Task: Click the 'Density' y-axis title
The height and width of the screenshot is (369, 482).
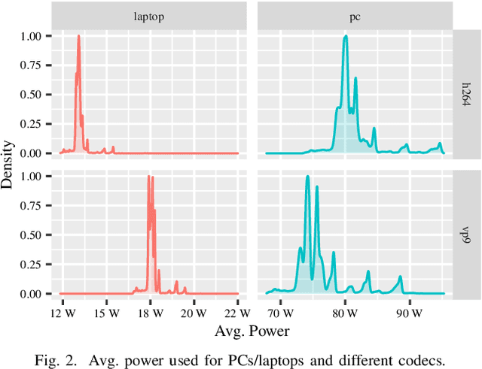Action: click(x=8, y=164)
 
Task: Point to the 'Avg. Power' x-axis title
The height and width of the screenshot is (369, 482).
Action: click(x=252, y=330)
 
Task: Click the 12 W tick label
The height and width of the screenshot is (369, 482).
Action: click(x=63, y=311)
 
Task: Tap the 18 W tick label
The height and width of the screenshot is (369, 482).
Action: click(x=151, y=311)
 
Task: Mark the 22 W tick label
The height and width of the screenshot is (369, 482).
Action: click(x=236, y=311)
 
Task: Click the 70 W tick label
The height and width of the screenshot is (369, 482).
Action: click(x=279, y=311)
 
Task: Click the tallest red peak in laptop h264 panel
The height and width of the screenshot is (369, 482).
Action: click(x=78, y=36)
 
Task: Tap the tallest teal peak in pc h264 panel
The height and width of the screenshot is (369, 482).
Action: click(x=345, y=36)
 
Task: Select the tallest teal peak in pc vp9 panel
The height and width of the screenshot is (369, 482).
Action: click(x=307, y=177)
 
